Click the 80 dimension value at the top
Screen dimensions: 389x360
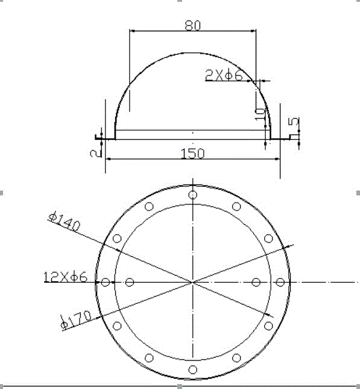(x=192, y=25)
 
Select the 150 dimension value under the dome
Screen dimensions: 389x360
(x=193, y=153)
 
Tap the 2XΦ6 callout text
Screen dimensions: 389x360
(x=224, y=75)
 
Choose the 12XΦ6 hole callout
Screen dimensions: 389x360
(x=66, y=277)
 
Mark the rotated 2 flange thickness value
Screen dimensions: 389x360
(x=93, y=153)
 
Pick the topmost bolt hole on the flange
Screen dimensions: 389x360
(x=192, y=195)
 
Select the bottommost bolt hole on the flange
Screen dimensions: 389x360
(x=192, y=369)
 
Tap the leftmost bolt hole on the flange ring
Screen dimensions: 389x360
(x=106, y=282)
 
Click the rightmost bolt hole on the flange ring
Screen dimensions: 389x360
(x=280, y=282)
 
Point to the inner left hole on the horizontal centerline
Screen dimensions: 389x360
(x=130, y=282)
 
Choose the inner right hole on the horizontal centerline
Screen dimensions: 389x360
(x=256, y=282)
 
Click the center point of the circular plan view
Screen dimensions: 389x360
(x=192, y=282)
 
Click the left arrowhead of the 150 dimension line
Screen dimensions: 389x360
(x=109, y=159)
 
